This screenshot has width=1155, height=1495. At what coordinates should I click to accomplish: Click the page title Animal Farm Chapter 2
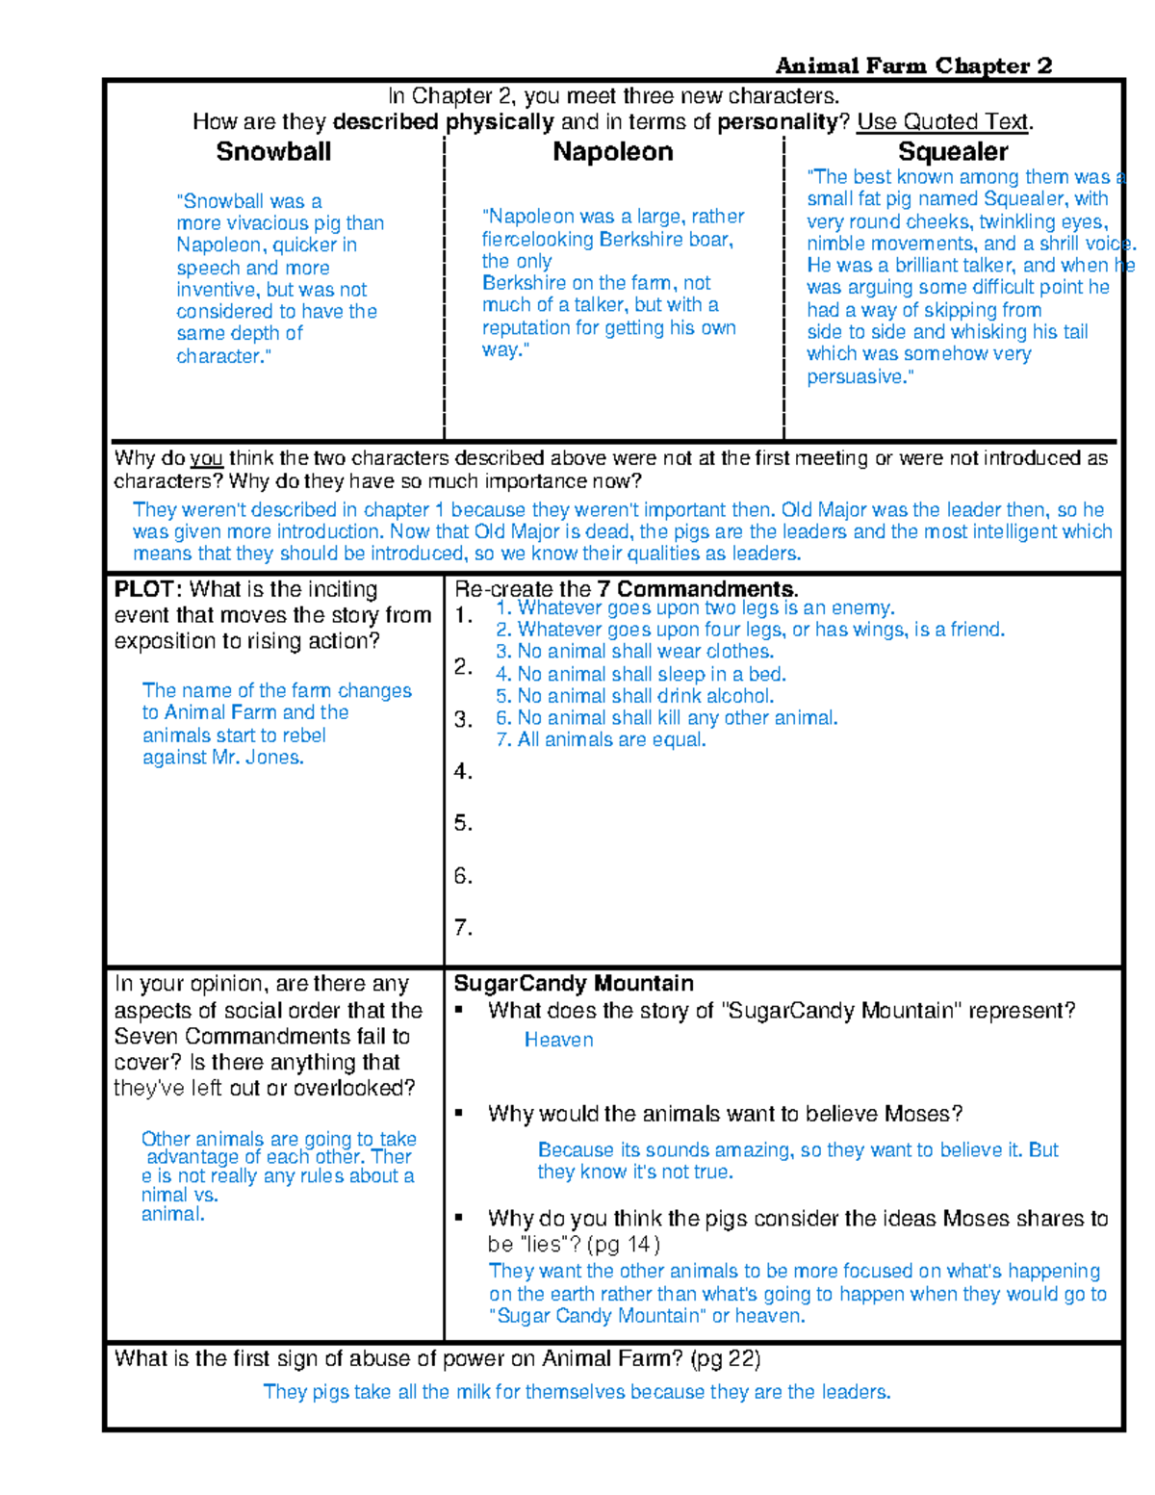[x=912, y=65]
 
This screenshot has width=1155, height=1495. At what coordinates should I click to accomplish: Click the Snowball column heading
[x=273, y=152]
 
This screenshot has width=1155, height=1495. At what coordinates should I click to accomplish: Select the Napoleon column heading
[x=612, y=152]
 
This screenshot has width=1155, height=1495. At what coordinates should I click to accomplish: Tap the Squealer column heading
[x=952, y=152]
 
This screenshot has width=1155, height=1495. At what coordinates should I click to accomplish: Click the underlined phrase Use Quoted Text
[x=942, y=122]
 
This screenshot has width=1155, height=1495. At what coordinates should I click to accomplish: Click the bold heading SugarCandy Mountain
[x=573, y=983]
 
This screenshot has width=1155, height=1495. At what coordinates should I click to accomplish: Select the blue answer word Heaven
[x=558, y=1040]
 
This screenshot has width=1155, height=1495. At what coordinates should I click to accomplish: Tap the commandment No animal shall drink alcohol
[x=635, y=696]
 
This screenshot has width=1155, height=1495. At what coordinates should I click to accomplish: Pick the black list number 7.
[x=463, y=927]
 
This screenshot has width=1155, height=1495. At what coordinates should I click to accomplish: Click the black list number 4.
[x=463, y=771]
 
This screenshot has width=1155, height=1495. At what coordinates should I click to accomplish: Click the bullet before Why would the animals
[x=460, y=1113]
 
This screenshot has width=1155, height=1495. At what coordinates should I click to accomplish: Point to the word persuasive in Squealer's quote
[x=858, y=376]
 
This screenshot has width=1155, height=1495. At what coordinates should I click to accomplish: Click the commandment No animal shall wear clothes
[x=635, y=652]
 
